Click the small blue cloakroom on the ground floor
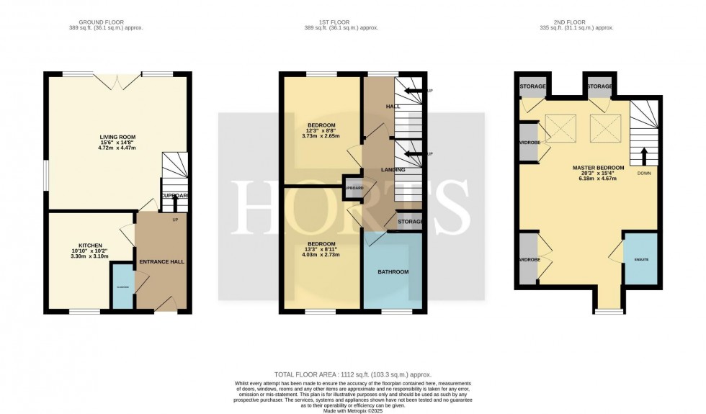pyautogui.click(x=122, y=287)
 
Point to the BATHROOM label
pyautogui.click(x=393, y=271)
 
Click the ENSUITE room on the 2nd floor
pyautogui.click(x=640, y=258)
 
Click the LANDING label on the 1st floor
pyautogui.click(x=393, y=170)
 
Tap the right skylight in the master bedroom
pyautogui.click(x=605, y=130)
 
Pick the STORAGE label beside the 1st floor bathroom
pyautogui.click(x=410, y=222)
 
